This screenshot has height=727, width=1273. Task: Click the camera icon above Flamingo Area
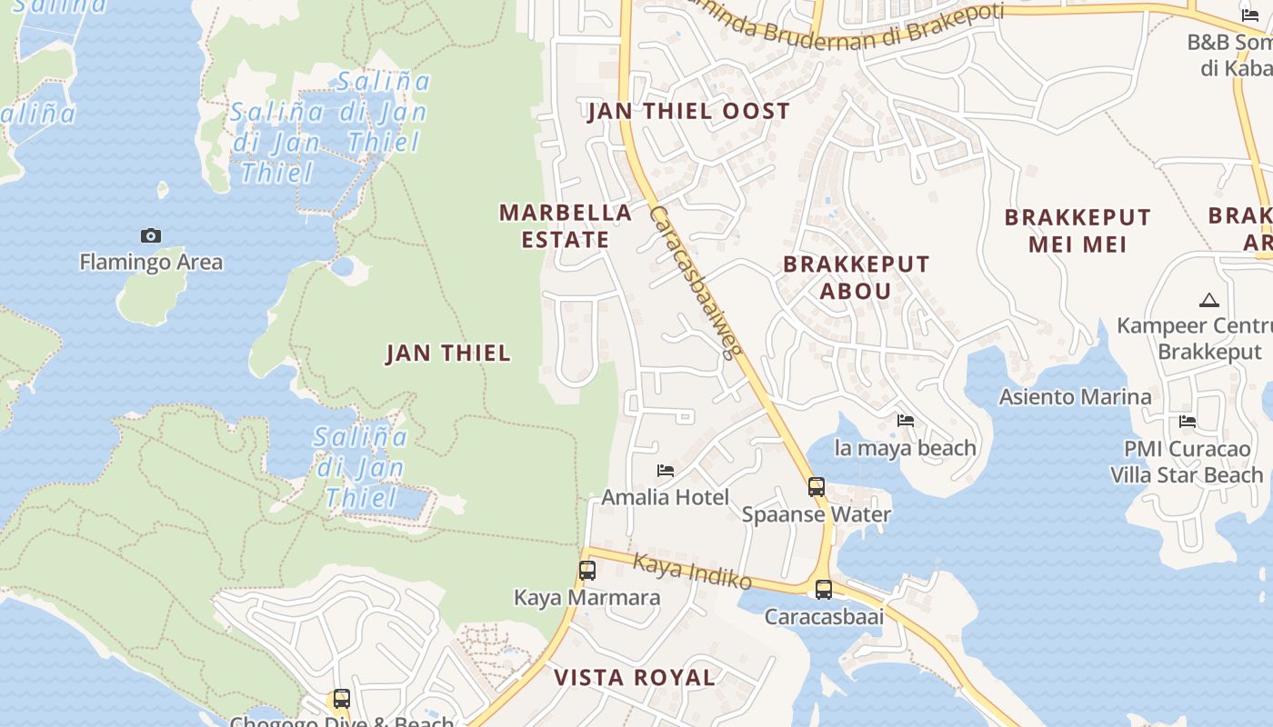tap(151, 236)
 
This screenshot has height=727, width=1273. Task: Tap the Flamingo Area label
tap(151, 263)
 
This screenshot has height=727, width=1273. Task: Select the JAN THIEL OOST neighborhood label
tap(688, 112)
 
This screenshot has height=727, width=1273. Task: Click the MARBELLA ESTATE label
tap(566, 226)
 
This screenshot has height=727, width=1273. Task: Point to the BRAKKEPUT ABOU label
tap(857, 278)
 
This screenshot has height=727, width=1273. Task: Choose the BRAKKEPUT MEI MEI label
tap(1078, 231)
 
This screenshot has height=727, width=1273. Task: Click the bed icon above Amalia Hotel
tap(666, 471)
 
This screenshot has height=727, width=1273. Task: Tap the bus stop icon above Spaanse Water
tap(817, 487)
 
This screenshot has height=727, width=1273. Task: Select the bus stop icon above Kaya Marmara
tap(587, 571)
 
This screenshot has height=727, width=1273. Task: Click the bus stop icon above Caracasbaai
tap(824, 590)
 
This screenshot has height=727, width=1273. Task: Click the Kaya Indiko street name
tap(692, 572)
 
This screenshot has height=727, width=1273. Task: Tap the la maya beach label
tap(905, 448)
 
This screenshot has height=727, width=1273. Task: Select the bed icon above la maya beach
tap(906, 421)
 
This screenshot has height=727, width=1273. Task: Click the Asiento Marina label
tap(1075, 397)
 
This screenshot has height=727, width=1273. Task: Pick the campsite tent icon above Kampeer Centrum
tap(1208, 300)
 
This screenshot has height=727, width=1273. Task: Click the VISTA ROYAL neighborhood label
tap(635, 678)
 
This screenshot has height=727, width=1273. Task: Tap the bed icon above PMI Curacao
tap(1188, 422)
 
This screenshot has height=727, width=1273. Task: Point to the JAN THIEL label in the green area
tap(448, 354)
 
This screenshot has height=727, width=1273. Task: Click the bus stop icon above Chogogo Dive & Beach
tap(342, 699)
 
